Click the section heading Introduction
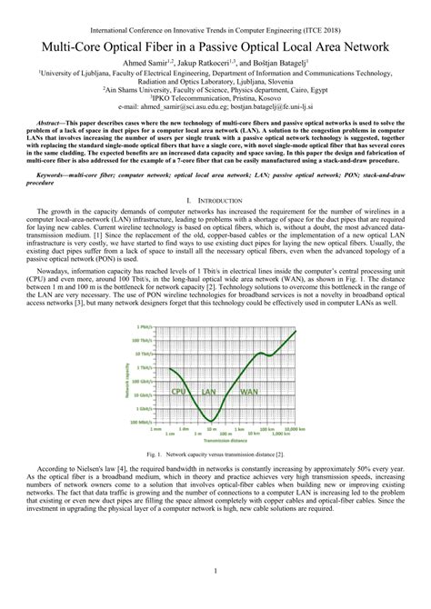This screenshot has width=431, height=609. click(218, 224)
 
